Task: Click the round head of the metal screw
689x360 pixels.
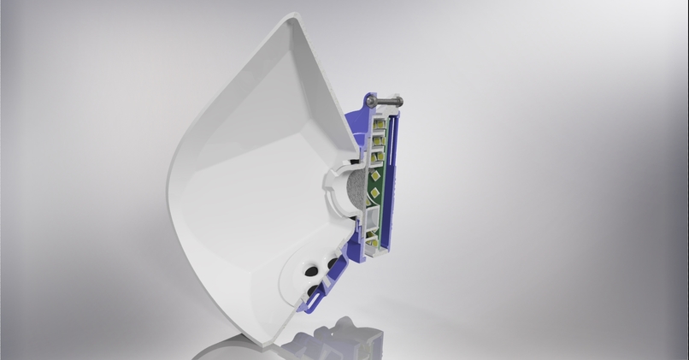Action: click(x=371, y=102)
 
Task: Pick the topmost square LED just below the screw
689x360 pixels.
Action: click(x=377, y=122)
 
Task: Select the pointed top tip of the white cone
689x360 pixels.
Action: click(x=295, y=15)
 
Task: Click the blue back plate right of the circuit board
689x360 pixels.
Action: click(x=402, y=171)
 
